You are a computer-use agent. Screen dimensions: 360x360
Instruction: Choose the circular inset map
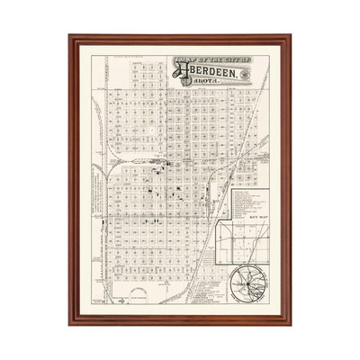pos(244,284)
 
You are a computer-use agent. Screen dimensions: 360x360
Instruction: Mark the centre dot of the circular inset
pos(243,285)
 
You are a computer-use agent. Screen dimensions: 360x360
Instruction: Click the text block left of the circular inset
pos(208,286)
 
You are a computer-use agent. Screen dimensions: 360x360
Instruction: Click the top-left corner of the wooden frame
pos(70,37)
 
